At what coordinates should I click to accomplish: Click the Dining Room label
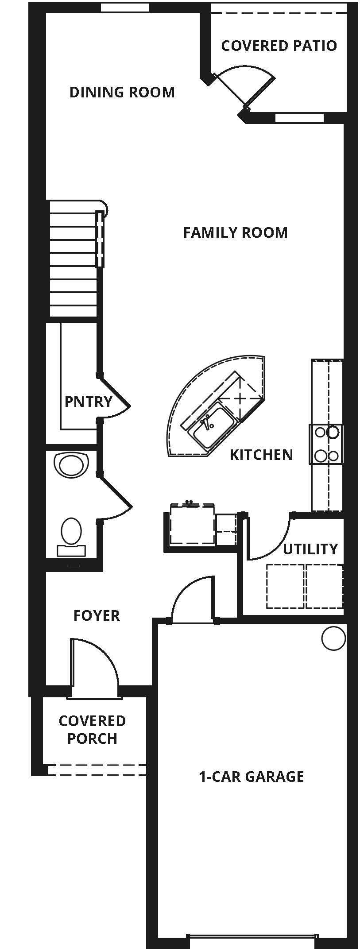pyautogui.click(x=122, y=92)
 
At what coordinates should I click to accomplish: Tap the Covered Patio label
pyautogui.click(x=279, y=46)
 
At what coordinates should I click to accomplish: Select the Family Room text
pyautogui.click(x=235, y=232)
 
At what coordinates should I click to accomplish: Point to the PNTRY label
pyautogui.click(x=89, y=402)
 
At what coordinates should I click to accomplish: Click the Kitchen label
pyautogui.click(x=261, y=455)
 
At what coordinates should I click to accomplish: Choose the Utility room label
pyautogui.click(x=310, y=549)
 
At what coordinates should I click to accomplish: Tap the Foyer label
pyautogui.click(x=97, y=615)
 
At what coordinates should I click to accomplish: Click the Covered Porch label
pyautogui.click(x=92, y=730)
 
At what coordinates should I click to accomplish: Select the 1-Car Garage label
pyautogui.click(x=252, y=777)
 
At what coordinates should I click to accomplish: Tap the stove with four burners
pyautogui.click(x=326, y=444)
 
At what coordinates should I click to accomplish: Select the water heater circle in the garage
pyautogui.click(x=333, y=638)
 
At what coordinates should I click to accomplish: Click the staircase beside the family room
pyautogui.click(x=74, y=259)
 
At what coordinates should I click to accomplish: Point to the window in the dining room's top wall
pyautogui.click(x=125, y=8)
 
